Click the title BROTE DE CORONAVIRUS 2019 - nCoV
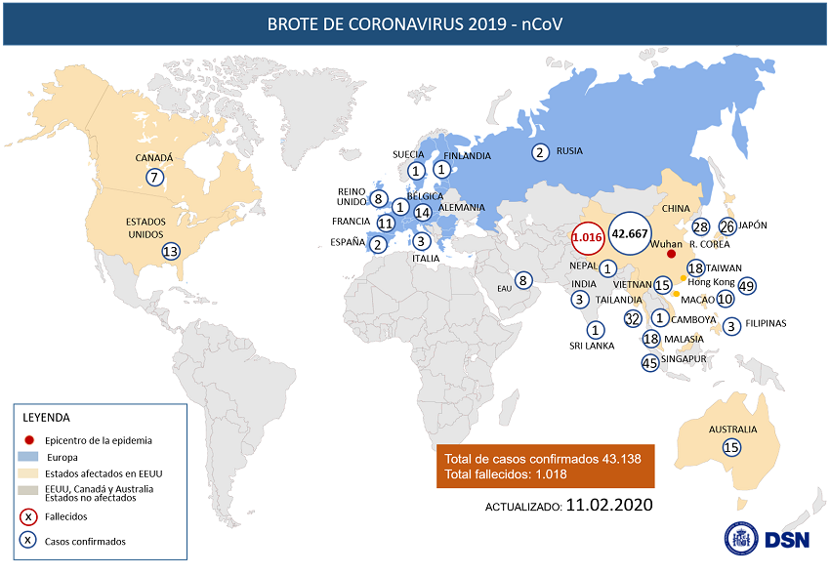(x=414, y=23)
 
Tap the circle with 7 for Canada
(x=153, y=177)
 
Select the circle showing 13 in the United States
(x=171, y=250)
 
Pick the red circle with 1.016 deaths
(x=587, y=237)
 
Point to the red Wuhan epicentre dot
(x=671, y=253)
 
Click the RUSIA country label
(x=569, y=151)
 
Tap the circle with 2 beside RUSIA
(x=539, y=151)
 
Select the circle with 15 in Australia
(x=732, y=446)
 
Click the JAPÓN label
(x=752, y=225)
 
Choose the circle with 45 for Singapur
(x=650, y=362)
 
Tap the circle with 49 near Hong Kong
(x=748, y=285)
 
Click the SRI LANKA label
(x=592, y=345)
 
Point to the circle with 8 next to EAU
(x=523, y=281)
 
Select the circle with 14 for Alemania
(x=422, y=211)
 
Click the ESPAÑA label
(x=349, y=241)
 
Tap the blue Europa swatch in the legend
(x=30, y=456)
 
